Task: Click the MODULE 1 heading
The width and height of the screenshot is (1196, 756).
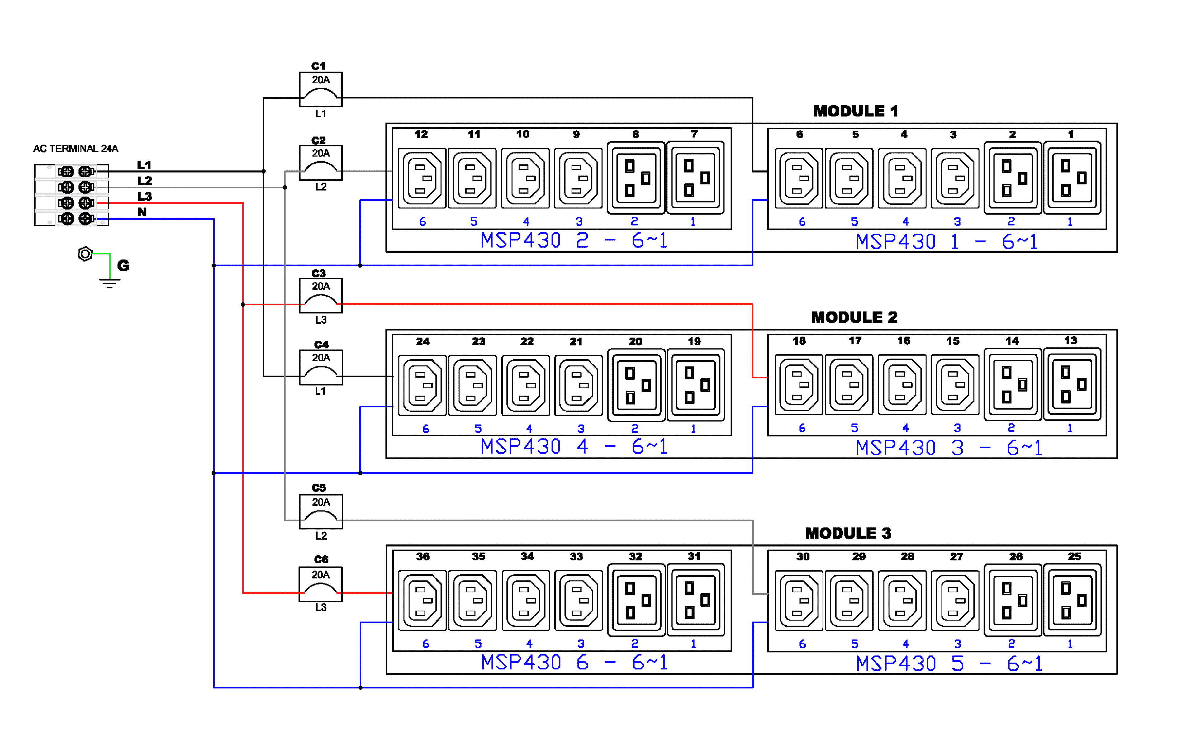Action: click(x=855, y=111)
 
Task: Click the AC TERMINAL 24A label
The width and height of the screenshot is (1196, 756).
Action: click(x=75, y=149)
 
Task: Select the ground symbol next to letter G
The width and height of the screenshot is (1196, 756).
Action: click(x=109, y=283)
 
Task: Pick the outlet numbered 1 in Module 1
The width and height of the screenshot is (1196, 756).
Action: click(x=1072, y=178)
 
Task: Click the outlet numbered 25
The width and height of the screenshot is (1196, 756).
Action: click(x=1072, y=600)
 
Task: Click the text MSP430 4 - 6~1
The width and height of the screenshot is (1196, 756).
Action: click(x=574, y=447)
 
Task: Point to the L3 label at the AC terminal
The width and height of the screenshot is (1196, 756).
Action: click(x=145, y=196)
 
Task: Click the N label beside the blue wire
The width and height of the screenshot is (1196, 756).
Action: click(x=142, y=212)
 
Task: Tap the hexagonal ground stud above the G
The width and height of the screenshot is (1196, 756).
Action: click(x=85, y=254)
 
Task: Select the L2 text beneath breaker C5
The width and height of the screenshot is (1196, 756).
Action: click(x=321, y=535)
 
